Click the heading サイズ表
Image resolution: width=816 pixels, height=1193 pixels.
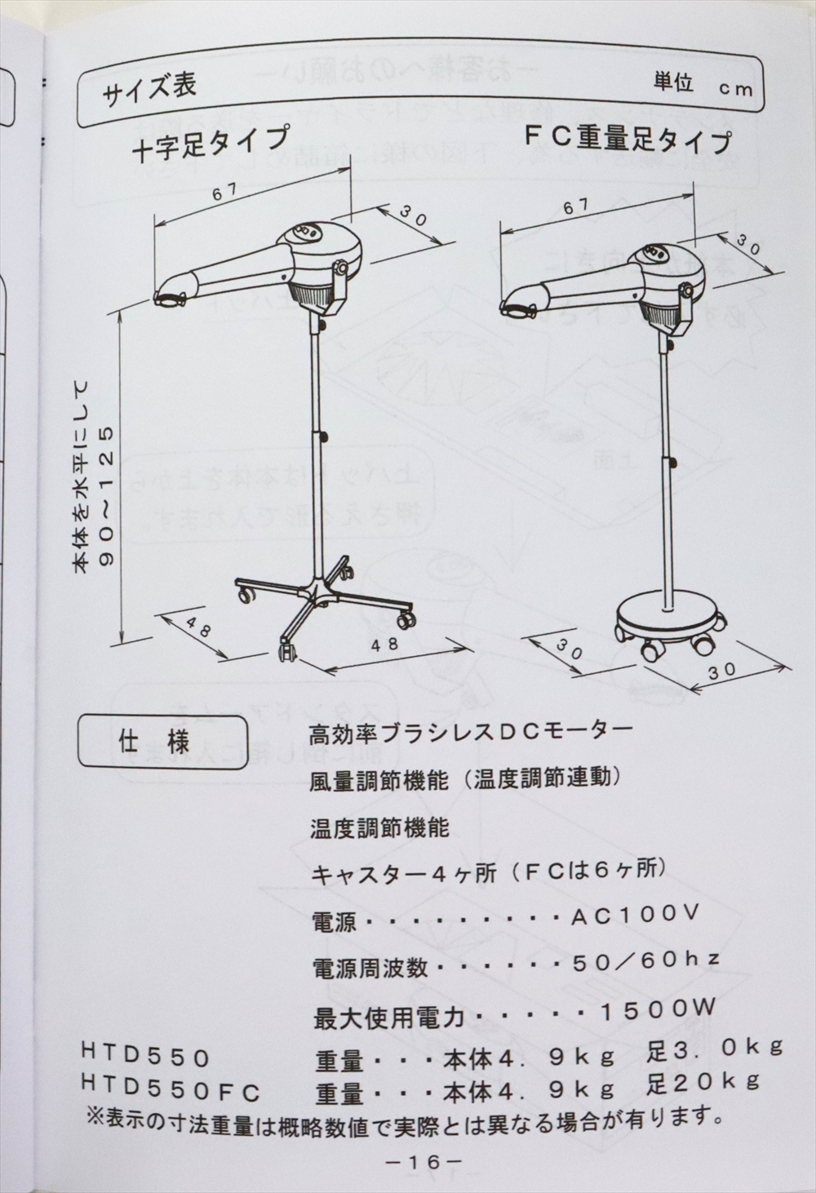coord(149,90)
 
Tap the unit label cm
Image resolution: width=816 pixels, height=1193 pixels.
coord(736,89)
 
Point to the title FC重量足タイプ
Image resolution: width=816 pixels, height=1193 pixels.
coord(628,139)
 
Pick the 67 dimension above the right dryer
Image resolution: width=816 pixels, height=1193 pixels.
coord(576,206)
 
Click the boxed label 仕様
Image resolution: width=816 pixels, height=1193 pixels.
coord(162,743)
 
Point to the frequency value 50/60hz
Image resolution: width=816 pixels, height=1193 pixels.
coord(646,960)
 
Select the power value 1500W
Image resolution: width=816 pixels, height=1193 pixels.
coord(659,1009)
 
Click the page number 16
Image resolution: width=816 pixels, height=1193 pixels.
coord(423,1161)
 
